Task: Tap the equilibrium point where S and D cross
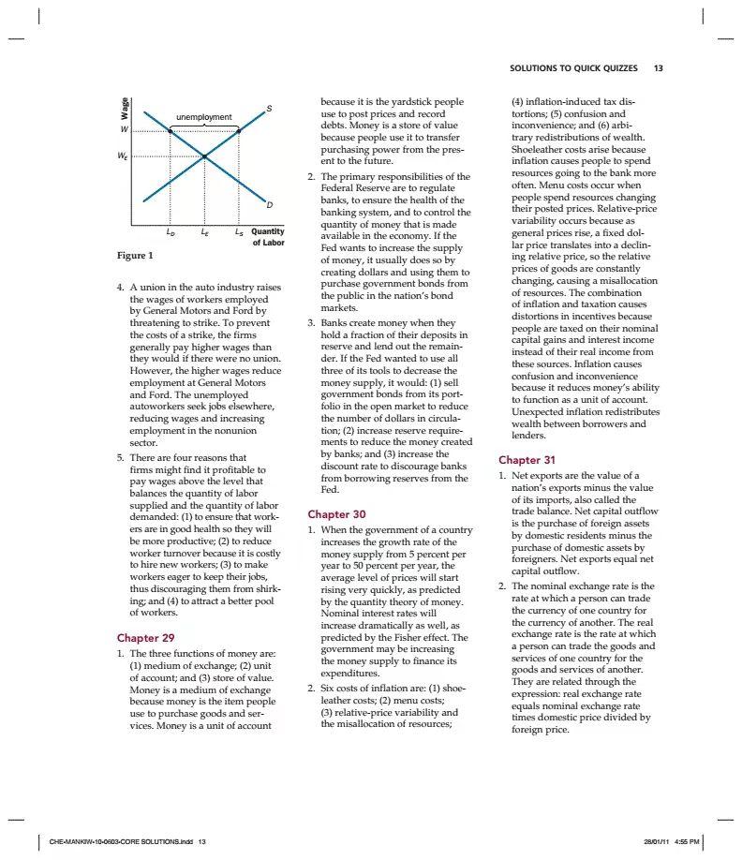pyautogui.click(x=204, y=156)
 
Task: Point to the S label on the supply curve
pyautogui.click(x=270, y=110)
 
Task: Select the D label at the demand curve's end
pyautogui.click(x=270, y=204)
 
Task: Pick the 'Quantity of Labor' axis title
pyautogui.click(x=268, y=237)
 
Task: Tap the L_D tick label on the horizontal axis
pyautogui.click(x=170, y=231)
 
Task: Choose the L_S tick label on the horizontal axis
pyautogui.click(x=239, y=231)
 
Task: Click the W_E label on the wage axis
pyautogui.click(x=123, y=156)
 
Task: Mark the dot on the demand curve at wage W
pyautogui.click(x=170, y=131)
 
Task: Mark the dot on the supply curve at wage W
pyautogui.click(x=239, y=131)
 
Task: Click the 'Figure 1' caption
pyautogui.click(x=135, y=256)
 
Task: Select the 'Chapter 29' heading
pyautogui.click(x=145, y=638)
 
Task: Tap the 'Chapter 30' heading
pyautogui.click(x=336, y=514)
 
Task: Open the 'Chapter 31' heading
pyautogui.click(x=527, y=460)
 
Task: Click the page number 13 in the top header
pyautogui.click(x=658, y=68)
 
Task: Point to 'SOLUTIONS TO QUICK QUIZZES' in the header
pyautogui.click(x=573, y=68)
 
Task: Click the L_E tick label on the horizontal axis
pyautogui.click(x=204, y=231)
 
